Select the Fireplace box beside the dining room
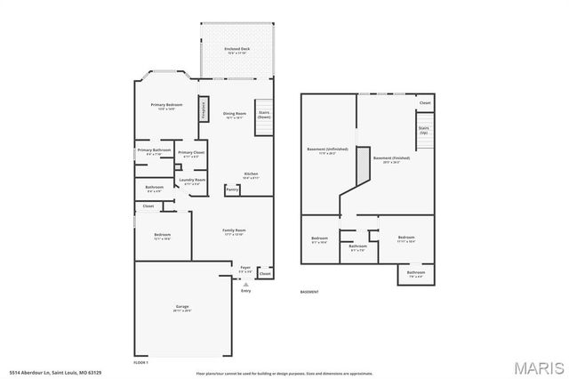tap(204, 109)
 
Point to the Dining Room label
tap(233, 115)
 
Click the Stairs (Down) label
tap(263, 114)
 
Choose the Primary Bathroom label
tap(154, 151)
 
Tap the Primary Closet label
tap(191, 153)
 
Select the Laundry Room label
tap(192, 181)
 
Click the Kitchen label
tap(252, 174)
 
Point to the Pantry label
tap(231, 189)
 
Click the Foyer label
tap(245, 267)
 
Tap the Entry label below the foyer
tap(245, 290)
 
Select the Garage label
tap(181, 308)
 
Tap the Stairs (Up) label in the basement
tap(423, 130)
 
